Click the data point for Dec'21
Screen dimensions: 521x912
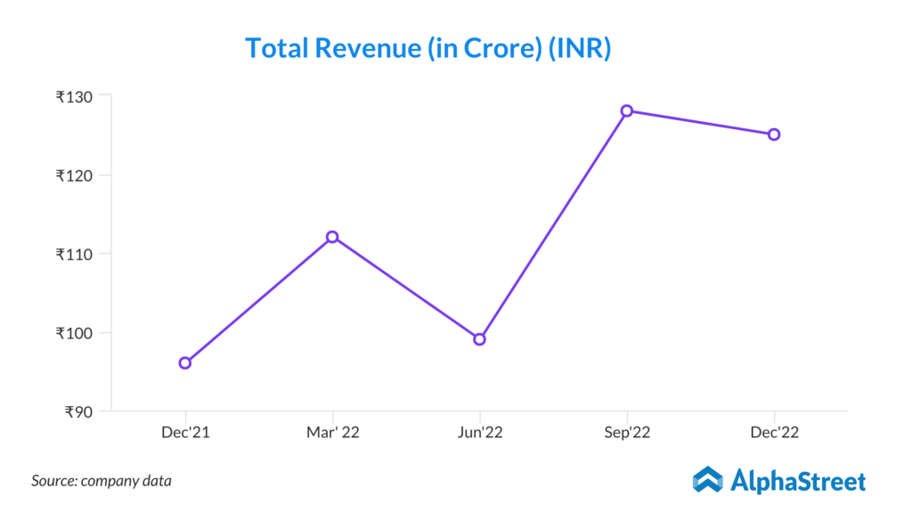(185, 362)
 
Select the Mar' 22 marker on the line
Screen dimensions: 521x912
(332, 237)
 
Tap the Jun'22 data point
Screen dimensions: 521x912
(480, 339)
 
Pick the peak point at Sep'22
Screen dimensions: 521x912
(627, 110)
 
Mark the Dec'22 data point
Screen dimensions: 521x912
(774, 134)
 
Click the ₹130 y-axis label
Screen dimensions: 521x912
(77, 95)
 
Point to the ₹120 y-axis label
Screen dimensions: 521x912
(77, 175)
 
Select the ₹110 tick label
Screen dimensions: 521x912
(77, 254)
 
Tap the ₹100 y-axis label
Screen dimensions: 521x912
(77, 333)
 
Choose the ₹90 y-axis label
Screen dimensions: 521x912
(81, 411)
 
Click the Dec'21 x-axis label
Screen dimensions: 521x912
(185, 433)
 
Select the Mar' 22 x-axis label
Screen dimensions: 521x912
(332, 433)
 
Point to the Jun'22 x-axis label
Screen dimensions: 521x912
(480, 433)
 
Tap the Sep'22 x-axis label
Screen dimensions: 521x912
(627, 433)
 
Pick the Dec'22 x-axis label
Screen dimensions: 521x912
(774, 433)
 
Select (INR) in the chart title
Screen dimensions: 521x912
(579, 48)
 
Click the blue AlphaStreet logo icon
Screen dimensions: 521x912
(708, 479)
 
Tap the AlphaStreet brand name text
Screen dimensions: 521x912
(798, 481)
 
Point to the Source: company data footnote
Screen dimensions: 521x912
(102, 481)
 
